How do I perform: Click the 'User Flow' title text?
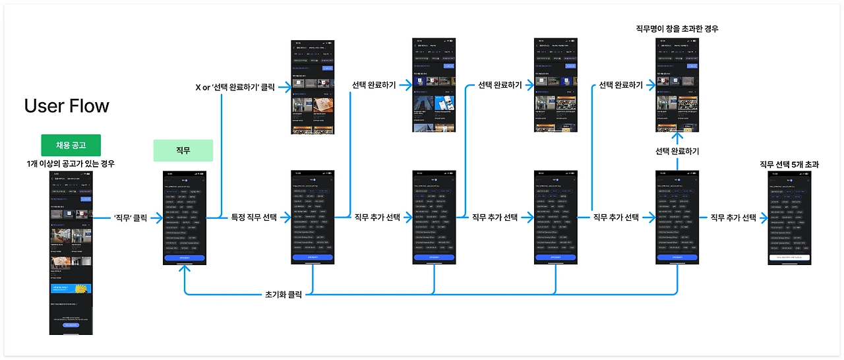67,105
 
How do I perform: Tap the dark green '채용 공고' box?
71,145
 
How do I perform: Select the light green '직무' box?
183,150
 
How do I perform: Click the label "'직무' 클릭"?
130,217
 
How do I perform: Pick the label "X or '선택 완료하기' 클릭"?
235,86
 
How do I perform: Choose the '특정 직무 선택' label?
254,217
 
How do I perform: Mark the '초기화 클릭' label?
284,294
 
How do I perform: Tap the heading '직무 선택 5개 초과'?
789,164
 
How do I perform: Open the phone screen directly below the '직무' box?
184,218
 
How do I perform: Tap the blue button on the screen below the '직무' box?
184,258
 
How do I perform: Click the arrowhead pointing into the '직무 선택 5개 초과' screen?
765,217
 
